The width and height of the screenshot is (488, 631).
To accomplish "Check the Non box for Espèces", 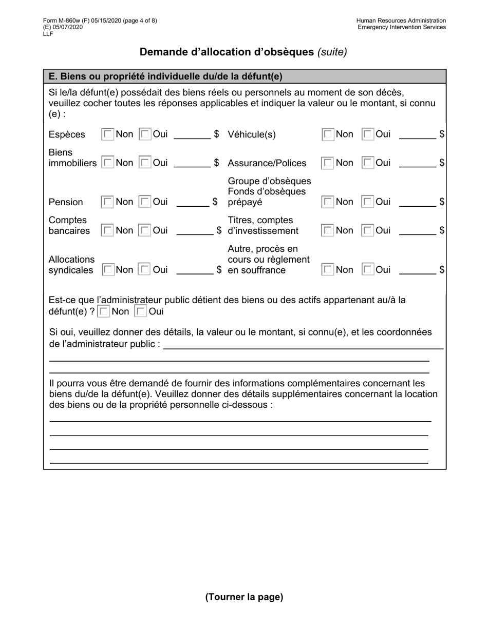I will point(108,134).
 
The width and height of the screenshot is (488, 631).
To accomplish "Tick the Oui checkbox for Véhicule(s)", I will point(368,134).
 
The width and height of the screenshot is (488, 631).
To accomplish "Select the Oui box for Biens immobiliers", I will point(145,163).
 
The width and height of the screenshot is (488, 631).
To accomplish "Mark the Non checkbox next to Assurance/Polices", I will point(328,163).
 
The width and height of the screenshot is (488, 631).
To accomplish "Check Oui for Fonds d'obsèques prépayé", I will point(368,202).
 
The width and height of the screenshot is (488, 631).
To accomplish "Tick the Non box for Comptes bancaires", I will point(108,231).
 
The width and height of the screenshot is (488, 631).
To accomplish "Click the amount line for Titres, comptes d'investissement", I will point(417,231).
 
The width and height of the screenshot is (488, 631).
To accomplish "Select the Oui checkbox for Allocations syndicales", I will point(145,270).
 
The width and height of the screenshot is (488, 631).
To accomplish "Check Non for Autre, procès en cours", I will point(328,270).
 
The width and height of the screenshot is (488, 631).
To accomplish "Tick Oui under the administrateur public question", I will point(140,311).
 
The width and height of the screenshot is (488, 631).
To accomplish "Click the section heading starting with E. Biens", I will point(165,76).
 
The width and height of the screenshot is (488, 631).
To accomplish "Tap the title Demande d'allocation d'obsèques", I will point(227,52).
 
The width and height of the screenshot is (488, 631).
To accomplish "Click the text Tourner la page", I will point(244,597).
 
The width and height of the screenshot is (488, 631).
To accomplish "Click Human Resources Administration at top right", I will point(401,21).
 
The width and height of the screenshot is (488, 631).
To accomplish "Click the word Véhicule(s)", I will point(252,135).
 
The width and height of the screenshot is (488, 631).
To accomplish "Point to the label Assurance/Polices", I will point(267,163).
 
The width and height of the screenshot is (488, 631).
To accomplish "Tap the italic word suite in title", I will point(332,52).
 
